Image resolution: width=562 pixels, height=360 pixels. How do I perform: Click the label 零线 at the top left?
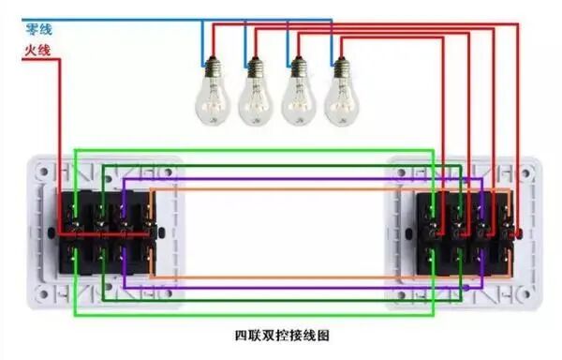(x=37, y=30)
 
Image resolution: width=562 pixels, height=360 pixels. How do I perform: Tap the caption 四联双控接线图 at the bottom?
(x=281, y=334)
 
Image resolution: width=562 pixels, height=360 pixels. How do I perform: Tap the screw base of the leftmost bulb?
(x=211, y=67)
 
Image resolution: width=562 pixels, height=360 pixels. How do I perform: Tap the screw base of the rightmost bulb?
(x=341, y=67)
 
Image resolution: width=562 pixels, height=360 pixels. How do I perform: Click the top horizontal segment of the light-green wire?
(x=253, y=149)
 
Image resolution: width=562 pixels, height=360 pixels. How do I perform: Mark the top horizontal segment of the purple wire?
(x=281, y=178)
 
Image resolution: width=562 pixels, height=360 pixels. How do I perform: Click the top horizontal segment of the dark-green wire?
(x=281, y=164)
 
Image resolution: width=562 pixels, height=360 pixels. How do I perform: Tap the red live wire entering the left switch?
(x=62, y=141)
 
